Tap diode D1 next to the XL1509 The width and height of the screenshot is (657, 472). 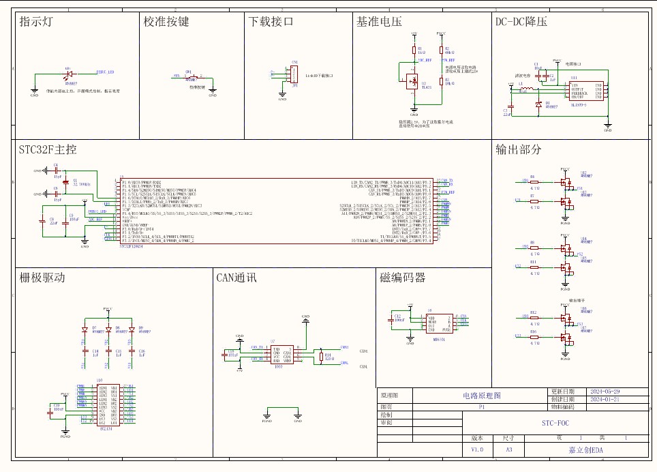(x=538, y=104)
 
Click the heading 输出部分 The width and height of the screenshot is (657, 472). (x=519, y=149)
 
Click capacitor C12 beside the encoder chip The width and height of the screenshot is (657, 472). (x=393, y=319)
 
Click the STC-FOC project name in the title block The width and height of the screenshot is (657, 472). (x=555, y=423)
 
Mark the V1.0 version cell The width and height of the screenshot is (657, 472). (x=476, y=450)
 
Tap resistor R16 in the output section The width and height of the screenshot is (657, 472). (x=534, y=336)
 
